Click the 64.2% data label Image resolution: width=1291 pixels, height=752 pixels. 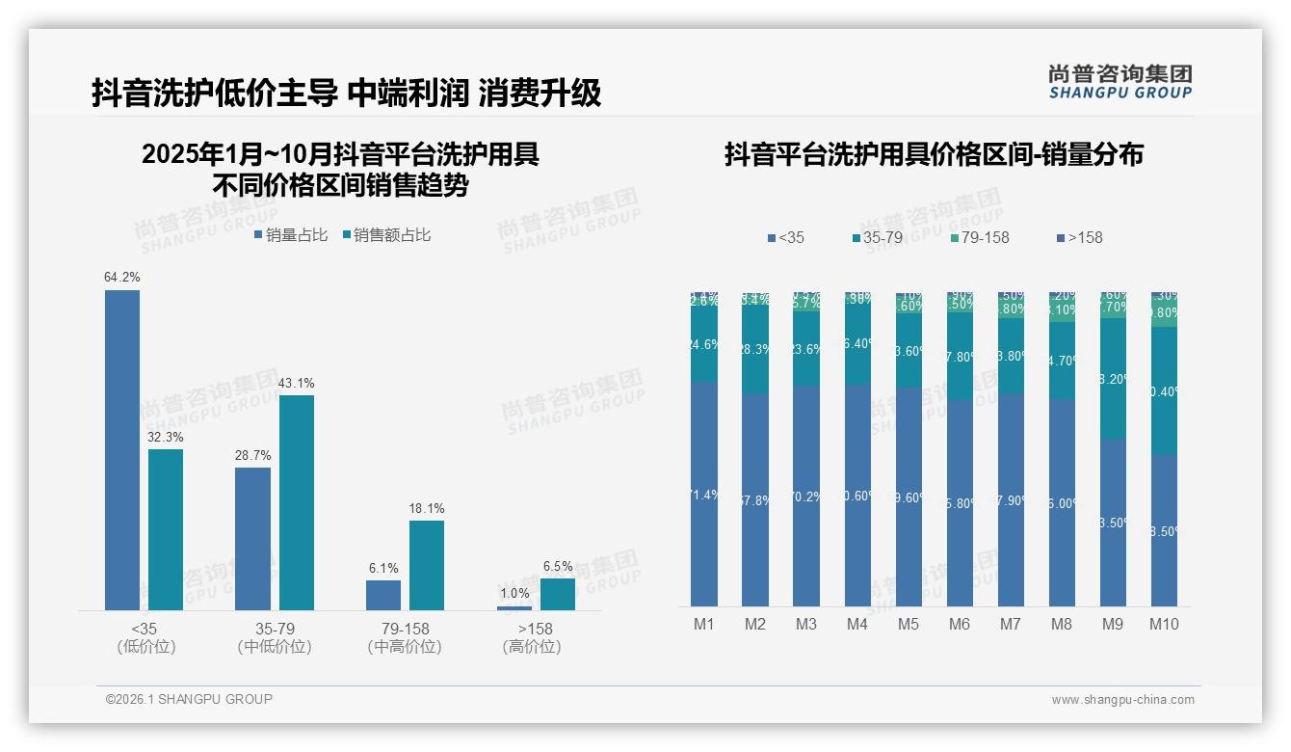pyautogui.click(x=122, y=278)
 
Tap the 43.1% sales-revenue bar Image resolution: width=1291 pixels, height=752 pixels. pyautogui.click(x=297, y=501)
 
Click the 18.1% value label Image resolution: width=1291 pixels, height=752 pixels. pyautogui.click(x=427, y=509)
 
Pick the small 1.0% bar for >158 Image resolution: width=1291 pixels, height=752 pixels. pyautogui.click(x=514, y=607)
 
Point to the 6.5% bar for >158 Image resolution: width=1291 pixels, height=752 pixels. pyautogui.click(x=558, y=594)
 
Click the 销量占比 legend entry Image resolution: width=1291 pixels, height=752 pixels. pyautogui.click(x=291, y=235)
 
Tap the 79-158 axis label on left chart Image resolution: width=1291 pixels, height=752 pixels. pyautogui.click(x=405, y=629)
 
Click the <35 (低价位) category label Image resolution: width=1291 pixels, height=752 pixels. pyautogui.click(x=146, y=637)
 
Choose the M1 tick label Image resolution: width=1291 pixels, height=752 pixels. pyautogui.click(x=704, y=624)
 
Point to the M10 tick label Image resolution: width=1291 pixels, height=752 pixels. pyautogui.click(x=1164, y=624)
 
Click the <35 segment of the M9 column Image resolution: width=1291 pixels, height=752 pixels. pyautogui.click(x=1113, y=523)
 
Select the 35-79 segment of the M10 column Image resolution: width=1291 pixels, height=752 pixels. pyautogui.click(x=1164, y=390)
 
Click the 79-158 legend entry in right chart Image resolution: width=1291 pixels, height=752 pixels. pyautogui.click(x=979, y=237)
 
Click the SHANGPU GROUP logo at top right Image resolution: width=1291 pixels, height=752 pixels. pyautogui.click(x=1120, y=82)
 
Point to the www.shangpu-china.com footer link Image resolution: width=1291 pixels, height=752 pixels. pyautogui.click(x=1122, y=700)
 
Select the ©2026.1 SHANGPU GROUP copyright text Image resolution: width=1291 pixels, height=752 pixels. pyautogui.click(x=189, y=699)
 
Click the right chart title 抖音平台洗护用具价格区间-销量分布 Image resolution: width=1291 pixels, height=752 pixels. pyautogui.click(x=934, y=155)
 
